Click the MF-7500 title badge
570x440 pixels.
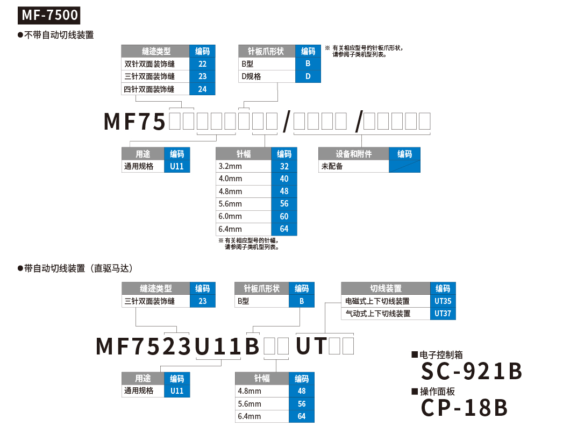click(x=50, y=15)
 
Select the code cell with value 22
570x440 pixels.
click(x=202, y=64)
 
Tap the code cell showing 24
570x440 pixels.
click(x=202, y=89)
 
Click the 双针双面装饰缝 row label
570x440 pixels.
click(x=155, y=64)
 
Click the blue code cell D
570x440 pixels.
click(x=308, y=76)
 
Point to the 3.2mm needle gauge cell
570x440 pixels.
click(x=243, y=167)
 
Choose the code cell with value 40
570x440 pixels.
click(x=284, y=179)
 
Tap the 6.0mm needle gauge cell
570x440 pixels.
click(x=243, y=216)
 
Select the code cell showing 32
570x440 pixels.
click(x=284, y=167)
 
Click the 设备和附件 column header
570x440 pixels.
click(x=353, y=154)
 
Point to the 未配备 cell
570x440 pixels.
click(x=353, y=167)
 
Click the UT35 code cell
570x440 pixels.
click(x=443, y=301)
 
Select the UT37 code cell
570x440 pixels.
click(x=443, y=314)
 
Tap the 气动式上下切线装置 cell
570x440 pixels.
click(x=386, y=314)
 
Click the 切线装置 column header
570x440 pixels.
click(x=386, y=288)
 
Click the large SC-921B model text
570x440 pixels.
click(x=472, y=371)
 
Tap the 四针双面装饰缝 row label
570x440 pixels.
click(x=155, y=89)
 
